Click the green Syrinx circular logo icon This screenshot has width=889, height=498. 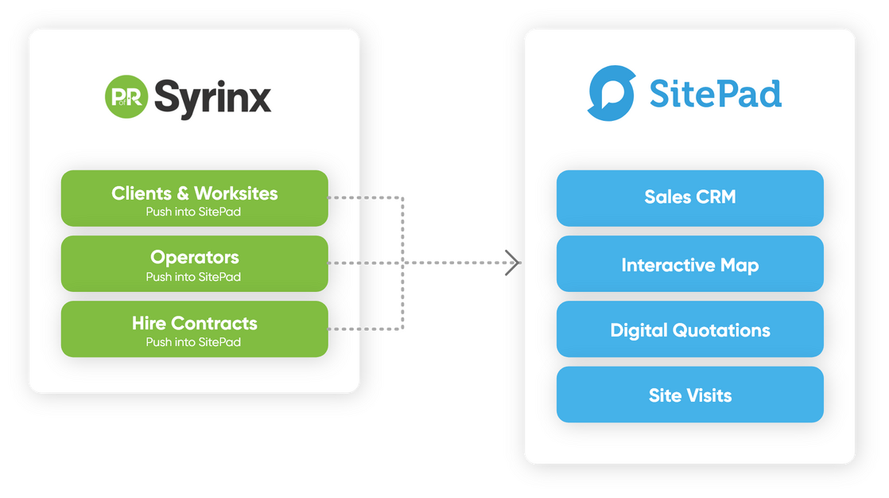[x=126, y=97]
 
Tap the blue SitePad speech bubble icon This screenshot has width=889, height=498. [x=611, y=94]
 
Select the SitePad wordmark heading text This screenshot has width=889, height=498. [x=715, y=94]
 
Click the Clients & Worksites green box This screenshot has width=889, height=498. [x=194, y=198]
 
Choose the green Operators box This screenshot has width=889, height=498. [x=194, y=263]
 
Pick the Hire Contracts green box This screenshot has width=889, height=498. [x=194, y=329]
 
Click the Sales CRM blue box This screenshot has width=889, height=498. [x=689, y=198]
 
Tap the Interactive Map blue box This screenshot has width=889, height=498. [x=689, y=263]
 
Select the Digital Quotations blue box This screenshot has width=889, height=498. [x=689, y=329]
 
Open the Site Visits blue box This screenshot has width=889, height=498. [x=689, y=395]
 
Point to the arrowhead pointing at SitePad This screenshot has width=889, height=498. [x=513, y=263]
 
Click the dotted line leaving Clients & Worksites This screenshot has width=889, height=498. [x=355, y=197]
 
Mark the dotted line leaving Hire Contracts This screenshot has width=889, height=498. [x=355, y=328]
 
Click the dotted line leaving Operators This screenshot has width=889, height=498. [x=355, y=263]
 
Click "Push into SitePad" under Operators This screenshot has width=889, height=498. [x=193, y=277]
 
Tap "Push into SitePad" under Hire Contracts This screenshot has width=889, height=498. [x=193, y=342]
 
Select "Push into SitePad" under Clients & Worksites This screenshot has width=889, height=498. [x=193, y=212]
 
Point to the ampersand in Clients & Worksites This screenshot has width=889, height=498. [x=183, y=193]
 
